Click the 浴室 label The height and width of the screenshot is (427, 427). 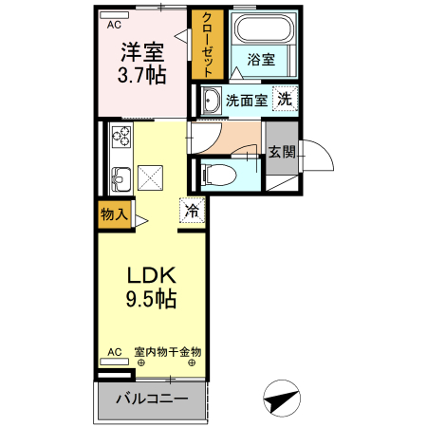[x=260, y=60]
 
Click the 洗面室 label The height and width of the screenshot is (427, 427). [x=244, y=99]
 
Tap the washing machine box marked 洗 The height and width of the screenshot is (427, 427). [x=285, y=98]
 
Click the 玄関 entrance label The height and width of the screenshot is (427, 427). [x=281, y=152]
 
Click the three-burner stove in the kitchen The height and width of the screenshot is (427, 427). [x=121, y=136]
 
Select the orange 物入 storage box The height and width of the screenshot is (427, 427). [x=114, y=213]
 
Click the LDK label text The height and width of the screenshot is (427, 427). [x=152, y=276]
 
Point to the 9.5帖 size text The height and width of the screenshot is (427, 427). [x=152, y=299]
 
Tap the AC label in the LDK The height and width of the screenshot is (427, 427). [x=115, y=352]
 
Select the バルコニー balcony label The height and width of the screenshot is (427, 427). [x=150, y=399]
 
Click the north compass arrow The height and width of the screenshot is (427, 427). [x=282, y=399]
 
